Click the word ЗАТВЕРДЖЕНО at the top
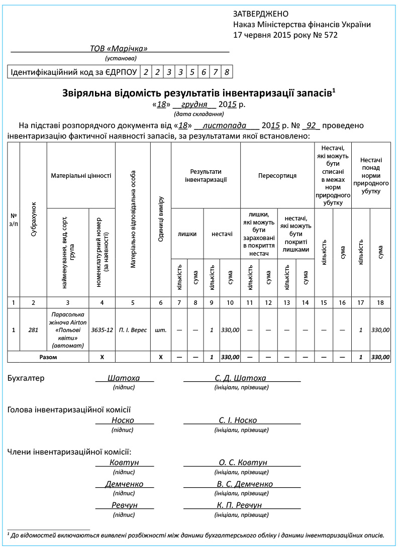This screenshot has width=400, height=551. point(260,14)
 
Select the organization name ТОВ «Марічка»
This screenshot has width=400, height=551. point(119,48)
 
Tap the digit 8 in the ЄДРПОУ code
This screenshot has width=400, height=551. point(227,72)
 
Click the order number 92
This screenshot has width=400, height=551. point(311,126)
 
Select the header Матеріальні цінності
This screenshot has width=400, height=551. point(81,176)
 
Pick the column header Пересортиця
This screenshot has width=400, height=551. point(277,176)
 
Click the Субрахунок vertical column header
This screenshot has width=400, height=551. point(34,219)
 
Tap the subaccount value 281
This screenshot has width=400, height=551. point(34,330)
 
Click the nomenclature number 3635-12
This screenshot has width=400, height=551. point(102,330)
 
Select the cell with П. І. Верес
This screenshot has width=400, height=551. point(133,330)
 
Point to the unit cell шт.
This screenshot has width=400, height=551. point(161,330)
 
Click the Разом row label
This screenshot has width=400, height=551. point(48,358)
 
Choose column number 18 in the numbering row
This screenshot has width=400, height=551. point(381,302)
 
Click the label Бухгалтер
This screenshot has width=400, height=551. point(26,378)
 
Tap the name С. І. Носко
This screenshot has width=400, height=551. point(238,420)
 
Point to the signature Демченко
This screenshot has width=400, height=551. point(124,484)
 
